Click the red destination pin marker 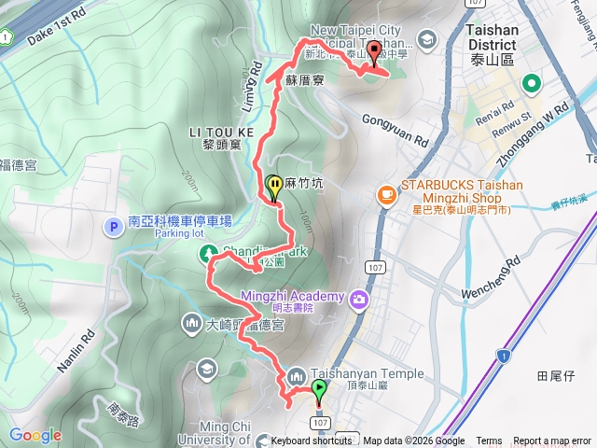pyautogui.click(x=375, y=53)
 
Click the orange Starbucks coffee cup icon pyautogui.click(x=385, y=194)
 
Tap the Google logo pyautogui.click(x=35, y=435)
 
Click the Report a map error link pyautogui.click(x=552, y=441)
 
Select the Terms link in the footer pyautogui.click(x=489, y=441)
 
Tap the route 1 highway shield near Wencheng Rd pyautogui.click(x=503, y=355)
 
